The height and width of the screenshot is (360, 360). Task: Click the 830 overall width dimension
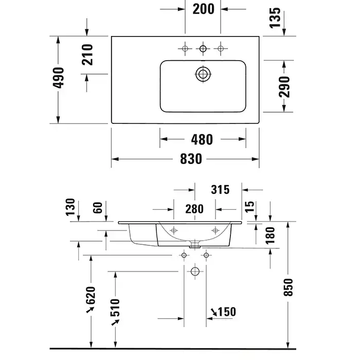tap(191, 159)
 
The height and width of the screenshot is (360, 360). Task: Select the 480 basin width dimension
tap(202, 139)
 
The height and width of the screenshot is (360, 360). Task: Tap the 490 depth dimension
tap(59, 78)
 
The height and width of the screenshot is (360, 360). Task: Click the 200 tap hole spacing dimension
tap(204, 9)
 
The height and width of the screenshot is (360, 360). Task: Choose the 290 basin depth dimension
tap(285, 86)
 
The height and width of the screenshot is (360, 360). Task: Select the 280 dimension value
tap(194, 209)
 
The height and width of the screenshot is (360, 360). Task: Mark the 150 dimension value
tap(226, 312)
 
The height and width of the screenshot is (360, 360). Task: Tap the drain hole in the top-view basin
tap(203, 75)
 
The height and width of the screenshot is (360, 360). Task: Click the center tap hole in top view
tap(203, 49)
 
